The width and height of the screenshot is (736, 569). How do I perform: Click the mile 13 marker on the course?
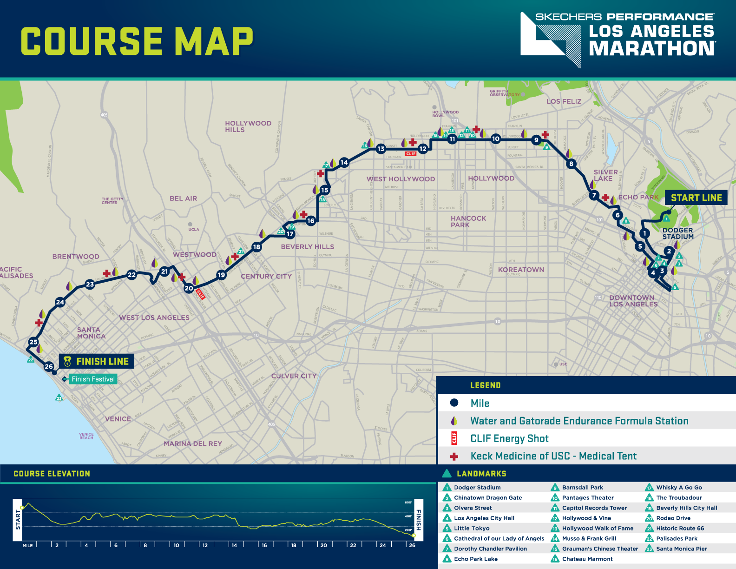point(381,149)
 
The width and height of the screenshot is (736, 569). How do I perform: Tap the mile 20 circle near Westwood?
point(189,288)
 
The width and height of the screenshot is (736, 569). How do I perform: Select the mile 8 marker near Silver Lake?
point(572,164)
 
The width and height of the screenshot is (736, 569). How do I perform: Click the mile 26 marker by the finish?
point(49,366)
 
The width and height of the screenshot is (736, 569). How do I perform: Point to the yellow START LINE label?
point(696,198)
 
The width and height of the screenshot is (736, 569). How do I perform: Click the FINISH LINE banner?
point(97,361)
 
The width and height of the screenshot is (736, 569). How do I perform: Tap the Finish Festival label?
point(93,379)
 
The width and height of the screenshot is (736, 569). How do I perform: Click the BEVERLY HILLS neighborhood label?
point(307,247)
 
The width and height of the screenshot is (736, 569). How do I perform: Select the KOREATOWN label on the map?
point(521,270)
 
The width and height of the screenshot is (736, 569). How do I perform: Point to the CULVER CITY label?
point(294,376)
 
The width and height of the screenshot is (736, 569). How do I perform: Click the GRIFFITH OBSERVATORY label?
point(505,93)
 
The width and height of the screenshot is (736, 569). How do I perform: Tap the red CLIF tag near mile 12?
point(411,154)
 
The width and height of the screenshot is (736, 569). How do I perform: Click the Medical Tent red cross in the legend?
point(454,457)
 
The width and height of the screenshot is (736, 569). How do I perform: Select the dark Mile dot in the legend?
point(454,403)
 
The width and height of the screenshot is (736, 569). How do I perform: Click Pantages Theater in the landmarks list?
point(588,498)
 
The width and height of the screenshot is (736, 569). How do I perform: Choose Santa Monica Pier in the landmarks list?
point(681,549)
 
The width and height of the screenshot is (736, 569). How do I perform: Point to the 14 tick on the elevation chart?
point(234,545)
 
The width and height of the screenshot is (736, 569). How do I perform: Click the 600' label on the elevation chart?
point(408,503)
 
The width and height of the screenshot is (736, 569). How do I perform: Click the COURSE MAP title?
point(137,41)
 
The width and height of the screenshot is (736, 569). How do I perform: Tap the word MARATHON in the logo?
point(652,48)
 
